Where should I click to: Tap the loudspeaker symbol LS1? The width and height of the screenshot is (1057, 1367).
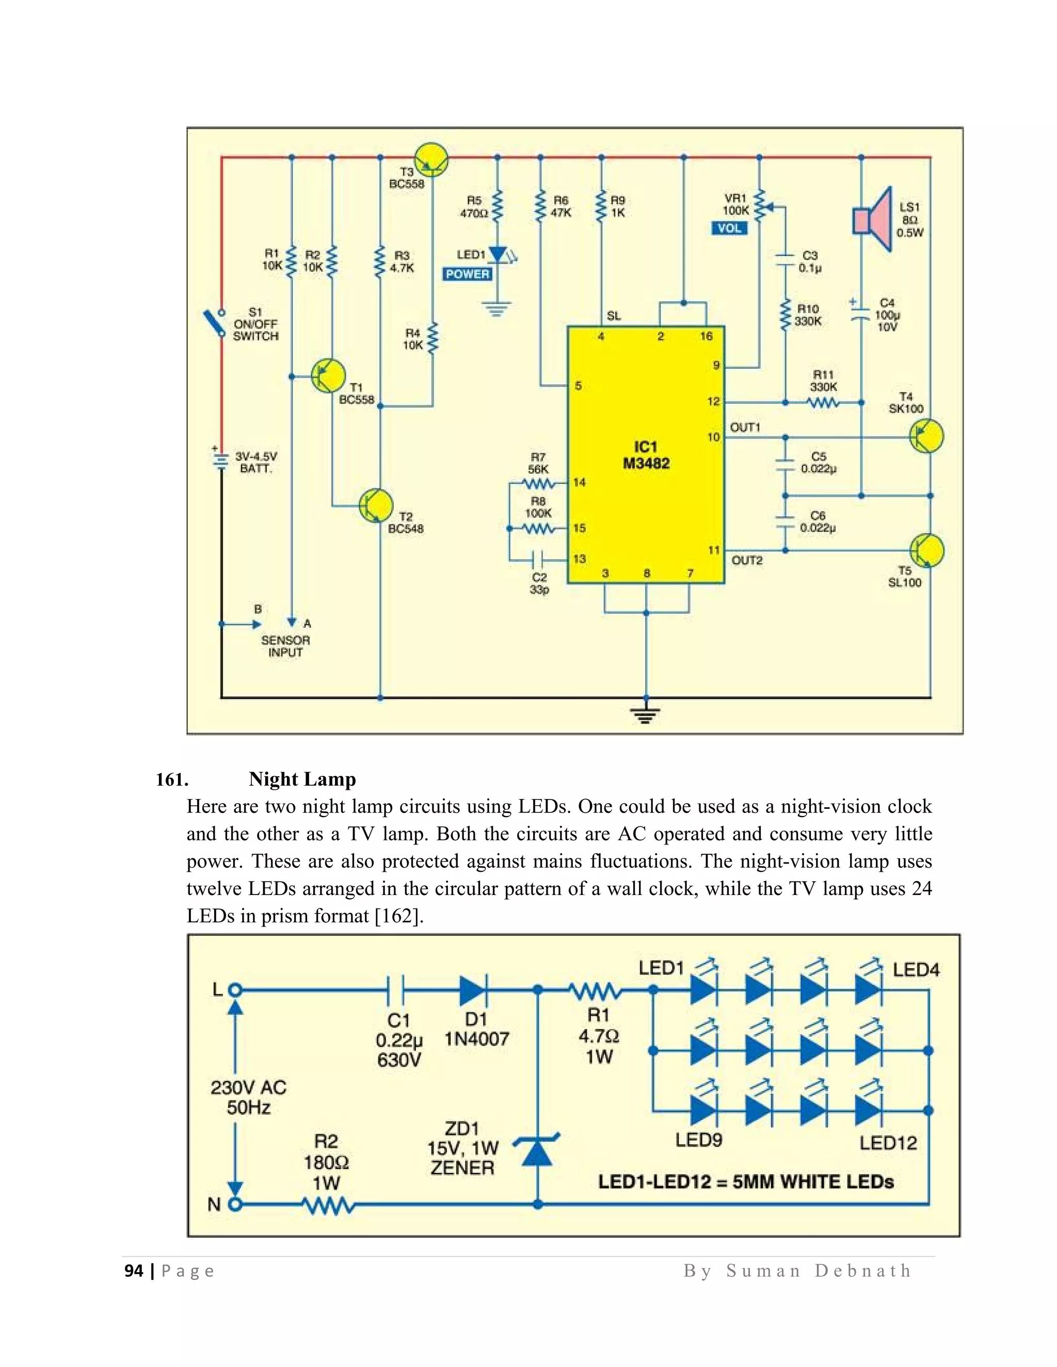point(872,220)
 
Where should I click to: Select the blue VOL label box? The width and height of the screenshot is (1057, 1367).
point(729,229)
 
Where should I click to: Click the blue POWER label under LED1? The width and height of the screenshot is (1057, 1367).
point(467,274)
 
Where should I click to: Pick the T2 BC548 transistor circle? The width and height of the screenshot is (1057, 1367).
point(376,505)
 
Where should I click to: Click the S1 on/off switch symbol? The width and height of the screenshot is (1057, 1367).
point(214,323)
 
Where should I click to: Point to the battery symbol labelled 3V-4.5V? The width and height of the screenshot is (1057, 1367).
point(220,460)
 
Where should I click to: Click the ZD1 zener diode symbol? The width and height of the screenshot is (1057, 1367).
point(537,1151)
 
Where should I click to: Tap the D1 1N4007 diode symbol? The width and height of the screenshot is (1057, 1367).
point(474,991)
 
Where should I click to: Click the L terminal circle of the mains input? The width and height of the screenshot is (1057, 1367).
point(235,991)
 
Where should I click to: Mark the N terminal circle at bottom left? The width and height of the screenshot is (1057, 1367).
point(235,1203)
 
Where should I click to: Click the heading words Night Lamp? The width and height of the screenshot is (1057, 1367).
point(302,779)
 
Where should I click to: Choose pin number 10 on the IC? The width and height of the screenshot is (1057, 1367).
point(714,437)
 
